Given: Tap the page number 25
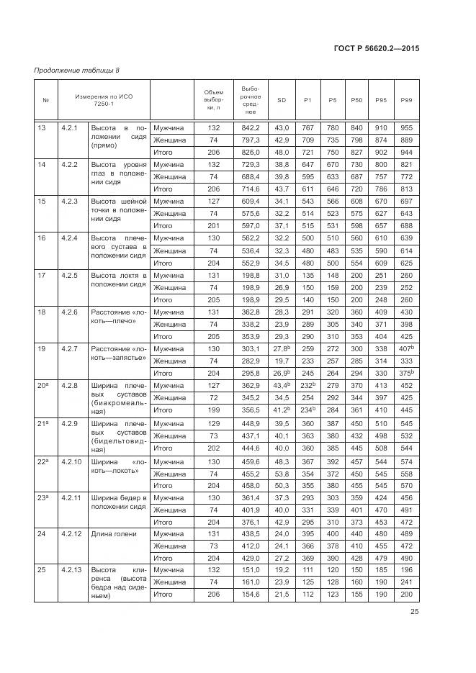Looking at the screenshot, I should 414,612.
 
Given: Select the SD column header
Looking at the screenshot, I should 282,99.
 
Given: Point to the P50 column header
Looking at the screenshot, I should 356,99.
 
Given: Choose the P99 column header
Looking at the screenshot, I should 406,99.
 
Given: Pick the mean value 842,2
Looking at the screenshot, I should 251,127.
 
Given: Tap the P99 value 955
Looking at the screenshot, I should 406,127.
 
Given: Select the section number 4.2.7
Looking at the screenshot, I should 69,348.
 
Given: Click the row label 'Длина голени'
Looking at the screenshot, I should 114,533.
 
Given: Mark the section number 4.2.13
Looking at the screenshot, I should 71,570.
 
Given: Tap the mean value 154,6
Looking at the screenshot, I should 251,595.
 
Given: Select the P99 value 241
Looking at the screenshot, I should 406,582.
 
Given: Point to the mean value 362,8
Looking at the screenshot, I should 251,312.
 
